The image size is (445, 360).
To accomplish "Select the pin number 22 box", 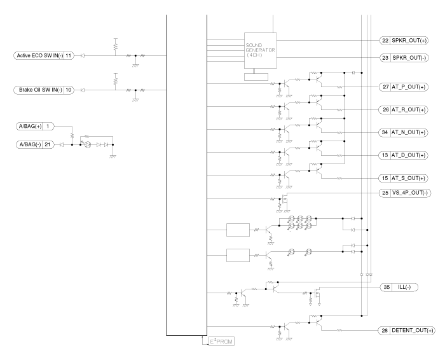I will click(385, 40).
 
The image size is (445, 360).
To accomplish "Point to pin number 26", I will click(385, 109).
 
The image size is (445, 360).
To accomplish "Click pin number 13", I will click(385, 155).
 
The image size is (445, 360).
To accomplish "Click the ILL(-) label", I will click(406, 287).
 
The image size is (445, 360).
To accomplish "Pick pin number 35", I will click(385, 287).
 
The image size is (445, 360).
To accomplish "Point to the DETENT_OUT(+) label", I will click(414, 331).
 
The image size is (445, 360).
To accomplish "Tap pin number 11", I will click(69, 55).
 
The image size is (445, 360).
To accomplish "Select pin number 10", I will click(69, 90).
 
